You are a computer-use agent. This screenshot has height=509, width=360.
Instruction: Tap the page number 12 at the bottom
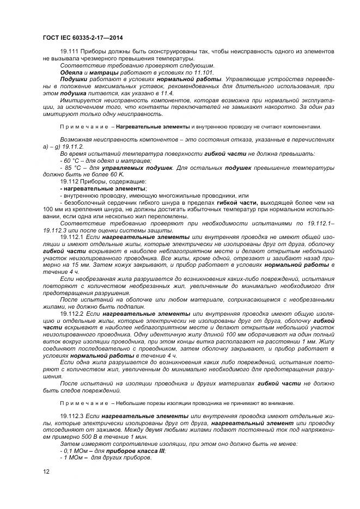tap(46, 471)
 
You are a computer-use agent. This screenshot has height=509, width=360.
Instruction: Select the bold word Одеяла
tap(71, 72)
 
